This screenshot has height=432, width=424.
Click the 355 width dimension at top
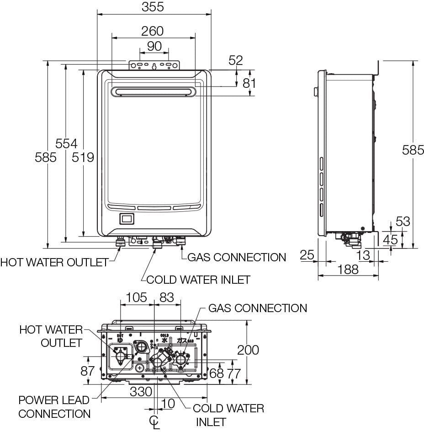tap(152, 7)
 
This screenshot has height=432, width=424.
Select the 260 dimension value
tap(152, 31)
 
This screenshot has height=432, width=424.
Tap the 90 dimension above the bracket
tap(154, 46)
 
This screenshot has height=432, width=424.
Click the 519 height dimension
tap(83, 157)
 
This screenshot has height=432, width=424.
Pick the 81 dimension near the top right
tap(249, 83)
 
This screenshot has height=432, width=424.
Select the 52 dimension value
tap(236, 60)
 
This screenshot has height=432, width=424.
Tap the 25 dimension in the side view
tap(307, 254)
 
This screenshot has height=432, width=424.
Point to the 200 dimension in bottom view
tap(248, 350)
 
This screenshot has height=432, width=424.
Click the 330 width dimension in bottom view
tap(140, 392)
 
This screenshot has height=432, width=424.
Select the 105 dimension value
tap(137, 297)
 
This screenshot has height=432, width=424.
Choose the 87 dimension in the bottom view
tap(87, 371)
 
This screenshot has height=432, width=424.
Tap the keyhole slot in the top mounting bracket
tap(154, 66)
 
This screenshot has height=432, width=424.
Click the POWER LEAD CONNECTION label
tap(54, 407)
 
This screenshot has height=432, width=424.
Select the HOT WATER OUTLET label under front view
tap(54, 262)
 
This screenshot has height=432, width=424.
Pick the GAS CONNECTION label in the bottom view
tap(257, 308)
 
